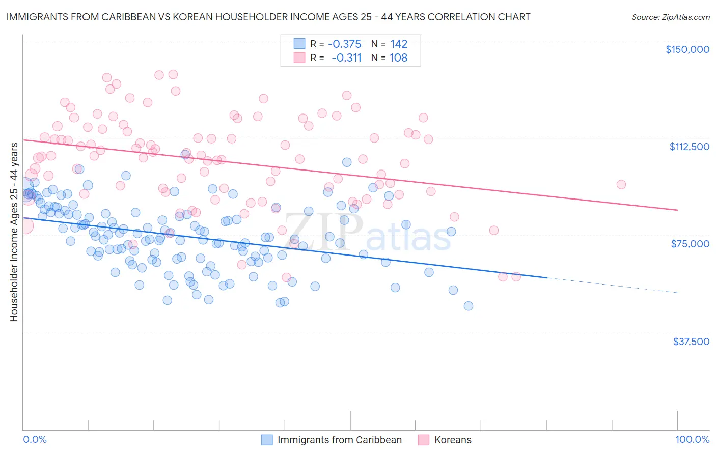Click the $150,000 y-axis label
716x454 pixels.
(x=687, y=49)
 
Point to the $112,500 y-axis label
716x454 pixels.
(x=689, y=147)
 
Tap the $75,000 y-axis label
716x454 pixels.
(x=690, y=244)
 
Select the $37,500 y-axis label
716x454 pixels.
(x=691, y=342)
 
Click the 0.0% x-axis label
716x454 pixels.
(x=35, y=439)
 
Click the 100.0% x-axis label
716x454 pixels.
(x=692, y=439)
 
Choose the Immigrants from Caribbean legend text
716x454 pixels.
(x=339, y=440)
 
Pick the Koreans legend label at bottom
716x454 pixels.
(x=452, y=440)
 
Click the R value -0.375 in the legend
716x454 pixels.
(x=344, y=44)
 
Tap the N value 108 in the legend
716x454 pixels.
(x=398, y=58)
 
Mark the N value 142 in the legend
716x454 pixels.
(x=399, y=44)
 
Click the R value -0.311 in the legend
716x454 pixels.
(x=346, y=58)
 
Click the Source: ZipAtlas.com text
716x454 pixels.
(x=670, y=17)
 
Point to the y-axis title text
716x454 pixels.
(x=14, y=232)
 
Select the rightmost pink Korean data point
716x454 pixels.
(x=621, y=184)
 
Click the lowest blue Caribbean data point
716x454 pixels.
(x=468, y=306)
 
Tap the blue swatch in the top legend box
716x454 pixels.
(x=299, y=44)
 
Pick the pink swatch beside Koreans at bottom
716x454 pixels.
(x=423, y=440)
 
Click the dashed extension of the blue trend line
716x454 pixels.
(x=611, y=285)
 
